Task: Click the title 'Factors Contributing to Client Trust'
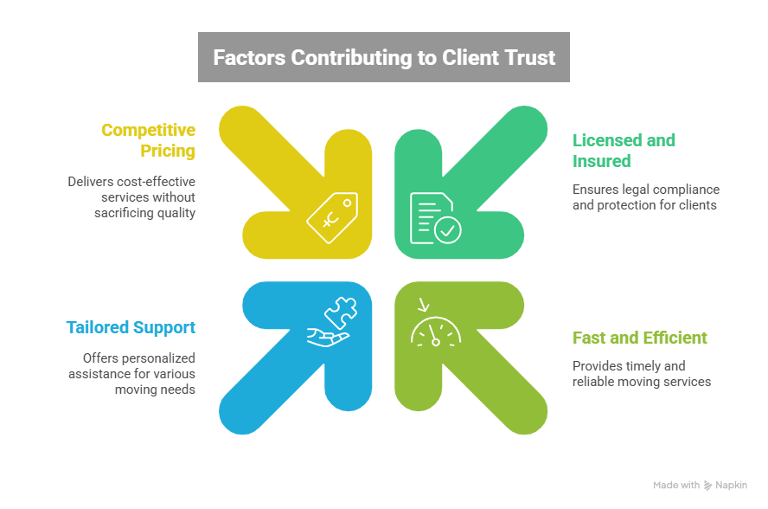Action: pyautogui.click(x=383, y=57)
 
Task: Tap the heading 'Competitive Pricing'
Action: pyautogui.click(x=148, y=140)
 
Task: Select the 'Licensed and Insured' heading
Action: pyautogui.click(x=624, y=151)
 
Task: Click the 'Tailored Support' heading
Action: pyautogui.click(x=131, y=327)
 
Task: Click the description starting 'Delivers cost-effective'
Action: pyautogui.click(x=132, y=197)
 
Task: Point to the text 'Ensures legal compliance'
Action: pyautogui.click(x=645, y=197)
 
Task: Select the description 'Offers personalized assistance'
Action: pyautogui.click(x=132, y=373)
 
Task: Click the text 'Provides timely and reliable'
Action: pyautogui.click(x=641, y=373)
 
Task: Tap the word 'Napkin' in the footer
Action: pyautogui.click(x=731, y=486)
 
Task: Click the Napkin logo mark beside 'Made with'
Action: pyautogui.click(x=708, y=486)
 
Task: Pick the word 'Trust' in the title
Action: pyautogui.click(x=527, y=57)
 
